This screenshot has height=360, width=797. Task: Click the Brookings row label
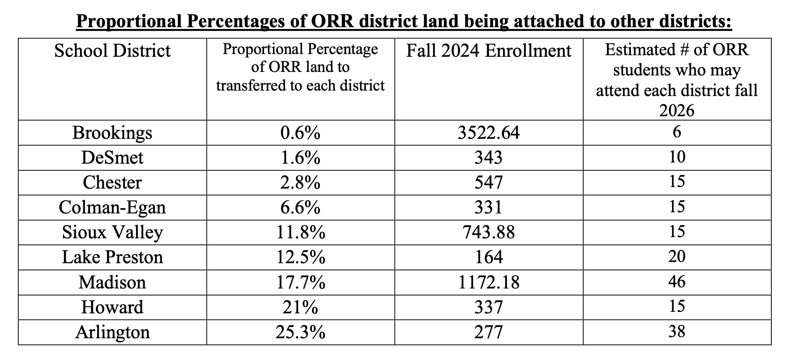tap(112, 133)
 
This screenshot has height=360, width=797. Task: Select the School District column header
tap(112, 51)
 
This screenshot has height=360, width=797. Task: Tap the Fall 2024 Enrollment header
tap(489, 51)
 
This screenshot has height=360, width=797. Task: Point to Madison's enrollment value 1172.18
tap(489, 282)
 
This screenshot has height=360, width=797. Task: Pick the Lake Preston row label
tap(112, 257)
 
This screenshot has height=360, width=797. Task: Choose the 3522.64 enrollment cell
tap(489, 133)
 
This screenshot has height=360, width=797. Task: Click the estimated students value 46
tap(676, 281)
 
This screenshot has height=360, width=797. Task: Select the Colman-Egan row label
tap(112, 208)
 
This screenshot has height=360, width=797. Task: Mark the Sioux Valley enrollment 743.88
tap(489, 232)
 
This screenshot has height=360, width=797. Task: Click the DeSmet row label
tap(112, 158)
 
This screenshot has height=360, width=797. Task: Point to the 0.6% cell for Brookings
tap(300, 133)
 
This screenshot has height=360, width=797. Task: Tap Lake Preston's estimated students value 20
tap(676, 257)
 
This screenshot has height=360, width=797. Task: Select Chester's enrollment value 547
tap(489, 183)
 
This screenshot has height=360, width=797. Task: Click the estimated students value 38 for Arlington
tap(676, 332)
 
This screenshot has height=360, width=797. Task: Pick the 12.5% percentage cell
tap(300, 257)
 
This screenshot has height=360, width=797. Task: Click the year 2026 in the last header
tap(676, 111)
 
